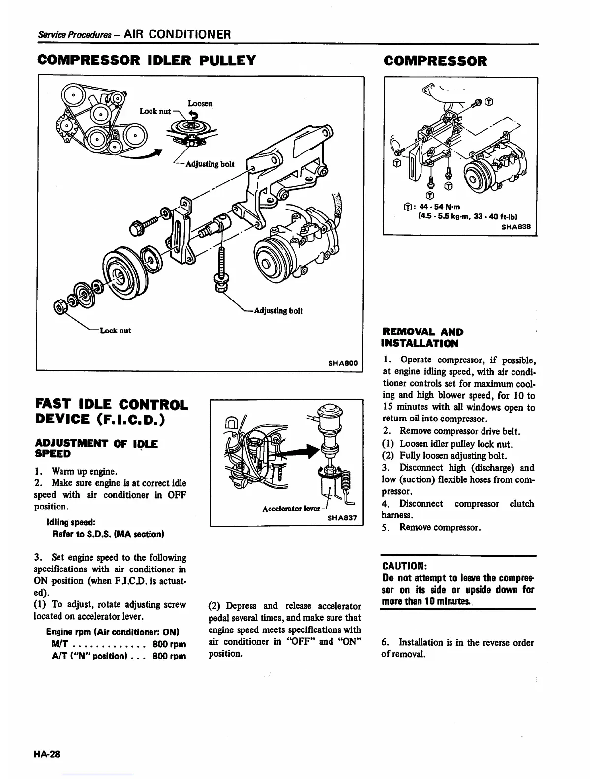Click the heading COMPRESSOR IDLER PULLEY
(147, 61)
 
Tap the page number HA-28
(47, 754)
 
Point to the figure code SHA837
(343, 518)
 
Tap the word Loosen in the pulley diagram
(200, 104)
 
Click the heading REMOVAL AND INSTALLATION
(422, 338)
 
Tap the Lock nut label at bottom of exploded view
(115, 330)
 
